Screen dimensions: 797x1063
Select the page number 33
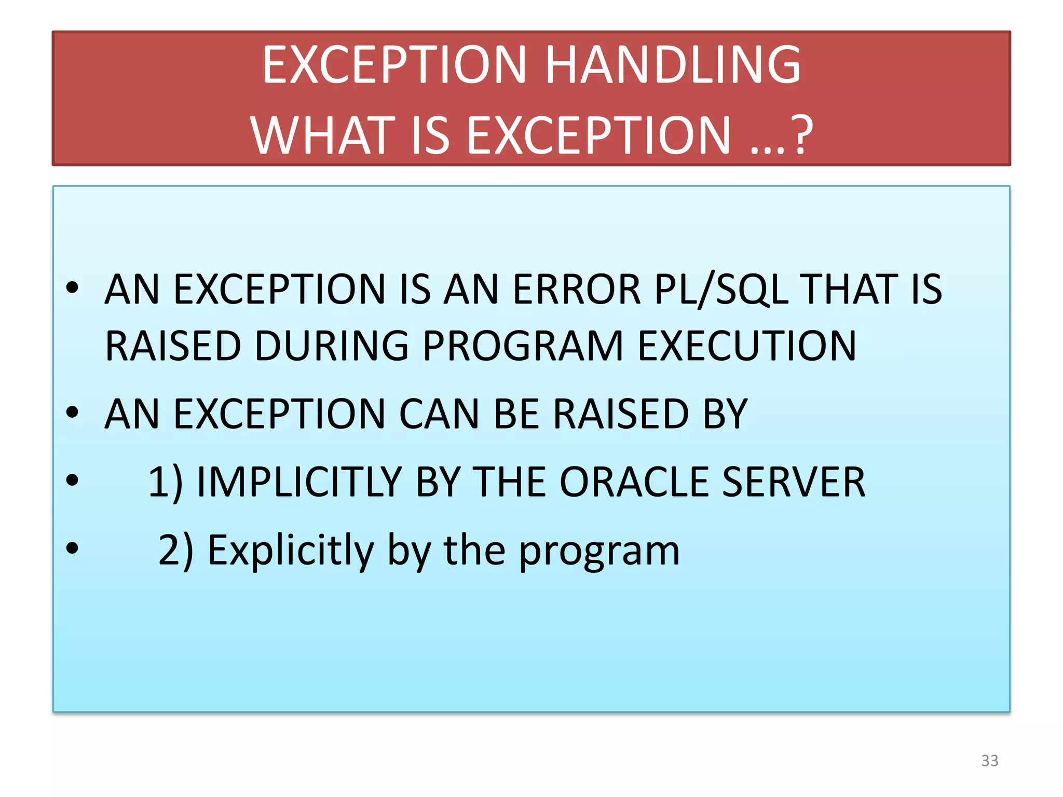[989, 761]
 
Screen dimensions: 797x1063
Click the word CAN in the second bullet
[439, 414]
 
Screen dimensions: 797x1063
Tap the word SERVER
[794, 482]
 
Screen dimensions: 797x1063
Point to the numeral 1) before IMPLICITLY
[166, 483]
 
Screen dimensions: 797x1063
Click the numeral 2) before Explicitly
[175, 551]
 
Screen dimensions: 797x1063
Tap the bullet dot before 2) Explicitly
[72, 548]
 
